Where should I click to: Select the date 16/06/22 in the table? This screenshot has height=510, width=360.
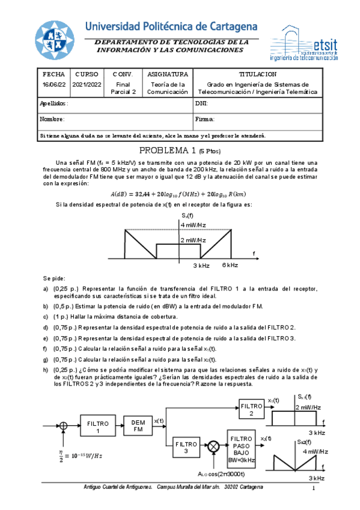(53, 85)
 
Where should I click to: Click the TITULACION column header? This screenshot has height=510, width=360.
(257, 73)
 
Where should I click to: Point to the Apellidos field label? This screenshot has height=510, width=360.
(54, 103)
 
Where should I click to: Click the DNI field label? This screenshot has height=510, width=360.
(201, 103)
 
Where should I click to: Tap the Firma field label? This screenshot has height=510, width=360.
(205, 119)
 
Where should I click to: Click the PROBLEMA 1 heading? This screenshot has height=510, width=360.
(178, 151)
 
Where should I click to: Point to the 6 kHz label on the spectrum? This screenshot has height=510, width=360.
(230, 265)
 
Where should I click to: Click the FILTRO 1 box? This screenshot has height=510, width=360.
(98, 427)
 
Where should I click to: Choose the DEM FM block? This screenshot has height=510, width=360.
(138, 426)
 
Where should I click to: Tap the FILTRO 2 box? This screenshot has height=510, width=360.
(251, 409)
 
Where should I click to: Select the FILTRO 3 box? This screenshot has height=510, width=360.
(186, 447)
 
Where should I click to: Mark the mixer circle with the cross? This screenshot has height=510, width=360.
(213, 447)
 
